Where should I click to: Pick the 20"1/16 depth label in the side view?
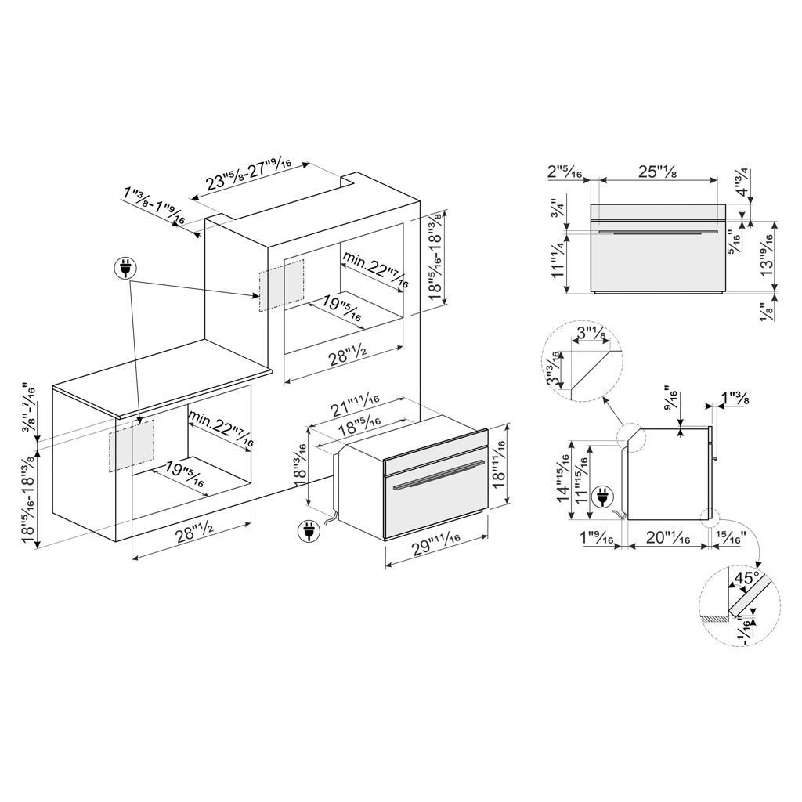pos(668,537)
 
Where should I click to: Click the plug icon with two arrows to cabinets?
pos(125,268)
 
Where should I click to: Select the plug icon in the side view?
pos(601,497)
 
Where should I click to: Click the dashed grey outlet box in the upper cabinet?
pos(282,285)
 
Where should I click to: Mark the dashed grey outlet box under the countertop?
pos(132,446)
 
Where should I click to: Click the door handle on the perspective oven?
pos(436,475)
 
